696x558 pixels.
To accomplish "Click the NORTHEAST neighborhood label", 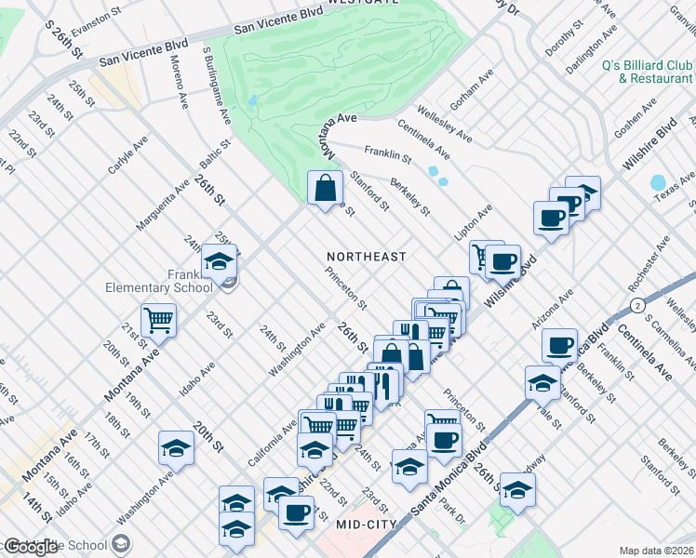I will [367, 256].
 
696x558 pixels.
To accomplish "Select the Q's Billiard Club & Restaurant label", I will [635, 72].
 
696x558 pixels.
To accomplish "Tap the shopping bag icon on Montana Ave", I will [323, 189].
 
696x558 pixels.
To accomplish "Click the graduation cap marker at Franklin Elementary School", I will [219, 262].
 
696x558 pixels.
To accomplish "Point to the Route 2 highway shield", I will [637, 304].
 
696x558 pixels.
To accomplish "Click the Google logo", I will [31, 547].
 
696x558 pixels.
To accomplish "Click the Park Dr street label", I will [453, 511].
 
